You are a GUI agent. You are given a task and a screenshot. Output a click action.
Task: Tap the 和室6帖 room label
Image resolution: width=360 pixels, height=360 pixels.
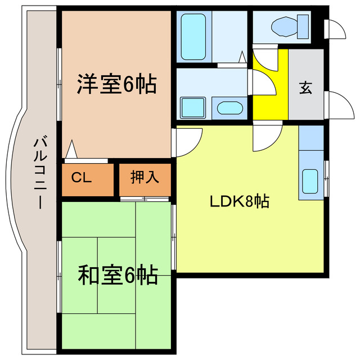116,276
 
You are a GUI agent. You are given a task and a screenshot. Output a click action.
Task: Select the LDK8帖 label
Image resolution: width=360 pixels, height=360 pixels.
240,201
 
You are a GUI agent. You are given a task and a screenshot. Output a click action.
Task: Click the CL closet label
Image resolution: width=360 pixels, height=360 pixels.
82,178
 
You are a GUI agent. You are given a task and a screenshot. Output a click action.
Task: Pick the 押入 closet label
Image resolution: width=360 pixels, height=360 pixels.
145,178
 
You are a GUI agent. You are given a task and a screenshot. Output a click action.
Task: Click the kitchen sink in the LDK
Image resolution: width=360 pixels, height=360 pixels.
311,181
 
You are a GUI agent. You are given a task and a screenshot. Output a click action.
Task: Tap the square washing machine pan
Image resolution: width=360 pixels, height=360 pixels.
193,107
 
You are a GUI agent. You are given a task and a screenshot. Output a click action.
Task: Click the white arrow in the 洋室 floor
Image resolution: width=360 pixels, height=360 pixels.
71,150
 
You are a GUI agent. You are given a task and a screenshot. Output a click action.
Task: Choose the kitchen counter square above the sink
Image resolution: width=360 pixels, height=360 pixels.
311,138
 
